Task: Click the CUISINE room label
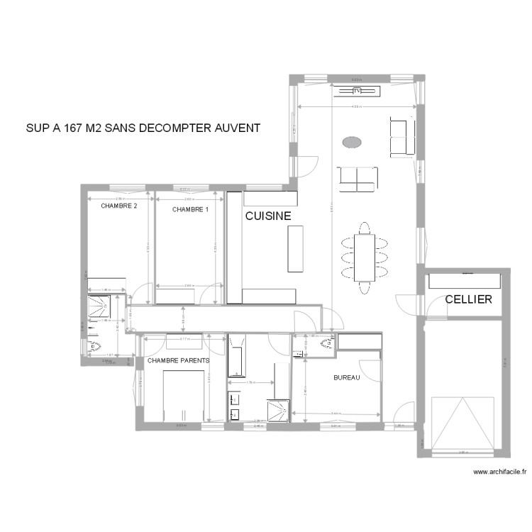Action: [x=267, y=216]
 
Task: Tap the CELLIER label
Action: [x=468, y=299]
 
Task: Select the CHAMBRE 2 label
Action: [x=118, y=207]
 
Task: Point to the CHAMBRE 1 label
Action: [x=190, y=209]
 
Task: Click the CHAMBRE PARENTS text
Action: [x=179, y=360]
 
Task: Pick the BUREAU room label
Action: [x=347, y=378]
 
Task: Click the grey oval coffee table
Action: [x=353, y=143]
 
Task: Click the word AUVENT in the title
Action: [x=237, y=128]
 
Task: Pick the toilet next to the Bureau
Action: [x=328, y=344]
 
